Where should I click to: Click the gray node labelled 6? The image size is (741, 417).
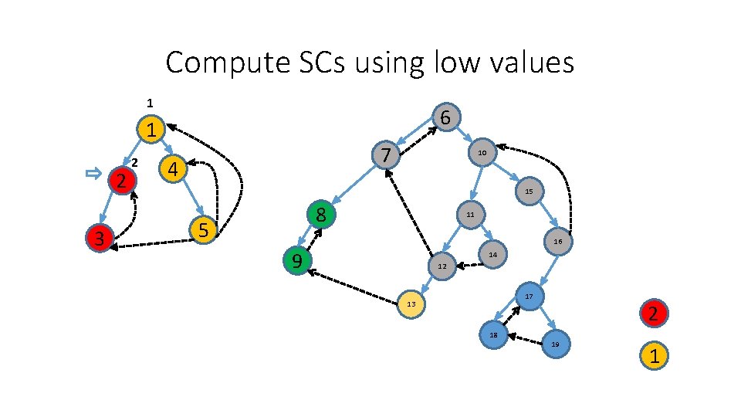446,117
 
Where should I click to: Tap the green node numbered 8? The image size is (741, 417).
321,215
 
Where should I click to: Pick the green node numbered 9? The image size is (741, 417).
296,262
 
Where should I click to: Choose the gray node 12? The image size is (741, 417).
442,266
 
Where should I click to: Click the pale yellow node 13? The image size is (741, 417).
411,304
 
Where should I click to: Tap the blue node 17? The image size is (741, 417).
530,297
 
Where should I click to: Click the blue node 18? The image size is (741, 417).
492,334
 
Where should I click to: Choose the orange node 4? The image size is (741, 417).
174,168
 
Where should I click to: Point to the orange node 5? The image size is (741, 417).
202,230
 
